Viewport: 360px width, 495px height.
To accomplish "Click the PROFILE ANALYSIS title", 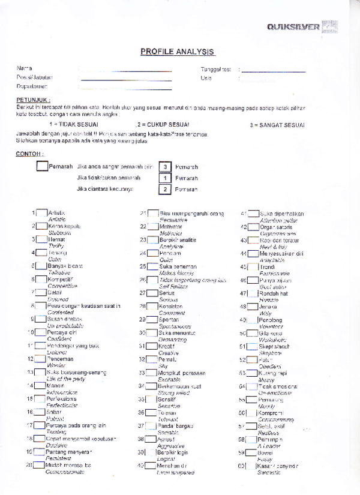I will [x=177, y=52].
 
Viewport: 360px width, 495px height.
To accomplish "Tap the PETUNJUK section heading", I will [x=33, y=100].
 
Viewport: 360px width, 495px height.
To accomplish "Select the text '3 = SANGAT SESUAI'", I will [x=277, y=125].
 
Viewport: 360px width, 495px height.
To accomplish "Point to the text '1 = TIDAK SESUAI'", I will [x=74, y=125].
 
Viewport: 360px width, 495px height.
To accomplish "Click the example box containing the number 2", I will [x=165, y=189].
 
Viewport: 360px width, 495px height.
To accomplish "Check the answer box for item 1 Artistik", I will [x=41, y=213].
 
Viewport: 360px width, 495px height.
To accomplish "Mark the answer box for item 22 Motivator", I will [x=152, y=227].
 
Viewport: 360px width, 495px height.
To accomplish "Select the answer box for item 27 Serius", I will [x=152, y=293].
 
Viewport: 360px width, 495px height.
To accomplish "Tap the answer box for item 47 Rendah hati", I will [x=253, y=293].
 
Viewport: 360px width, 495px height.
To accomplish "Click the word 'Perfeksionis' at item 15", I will [x=61, y=398].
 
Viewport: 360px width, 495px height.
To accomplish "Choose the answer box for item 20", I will [x=39, y=464].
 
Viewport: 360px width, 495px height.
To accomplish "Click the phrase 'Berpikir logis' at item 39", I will [x=173, y=452].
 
